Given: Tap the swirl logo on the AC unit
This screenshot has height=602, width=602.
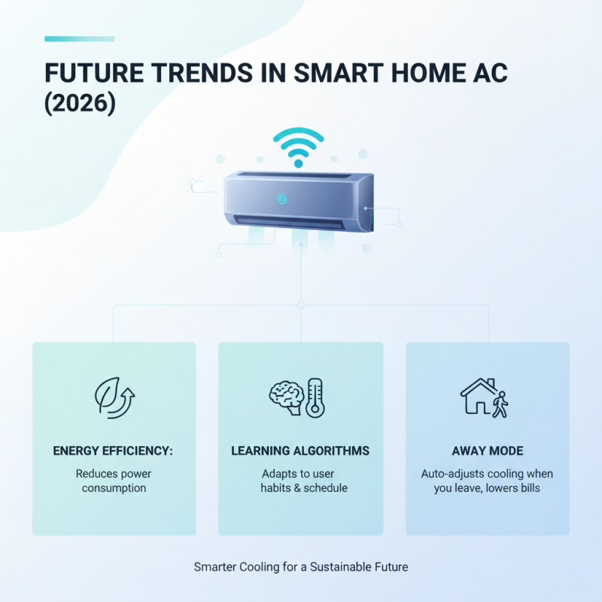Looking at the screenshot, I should tap(282, 199).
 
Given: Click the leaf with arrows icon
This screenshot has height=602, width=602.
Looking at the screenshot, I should tap(114, 398).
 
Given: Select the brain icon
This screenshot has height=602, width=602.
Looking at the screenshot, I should tap(286, 397).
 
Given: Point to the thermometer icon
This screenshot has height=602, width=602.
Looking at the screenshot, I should tap(315, 397).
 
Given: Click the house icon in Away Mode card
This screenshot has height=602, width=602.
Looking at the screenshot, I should tap(478, 397).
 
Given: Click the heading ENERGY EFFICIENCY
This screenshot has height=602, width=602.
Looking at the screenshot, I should tap(114, 451).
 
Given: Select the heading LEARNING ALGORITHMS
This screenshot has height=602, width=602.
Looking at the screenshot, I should tap(300, 451).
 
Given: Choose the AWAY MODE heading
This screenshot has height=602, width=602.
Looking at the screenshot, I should tap(488, 451).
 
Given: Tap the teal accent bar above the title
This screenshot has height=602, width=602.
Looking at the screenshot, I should tap(80, 38).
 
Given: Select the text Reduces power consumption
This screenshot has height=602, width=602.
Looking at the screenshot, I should tap(114, 481).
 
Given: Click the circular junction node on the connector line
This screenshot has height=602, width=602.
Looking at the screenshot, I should tap(300, 305).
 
